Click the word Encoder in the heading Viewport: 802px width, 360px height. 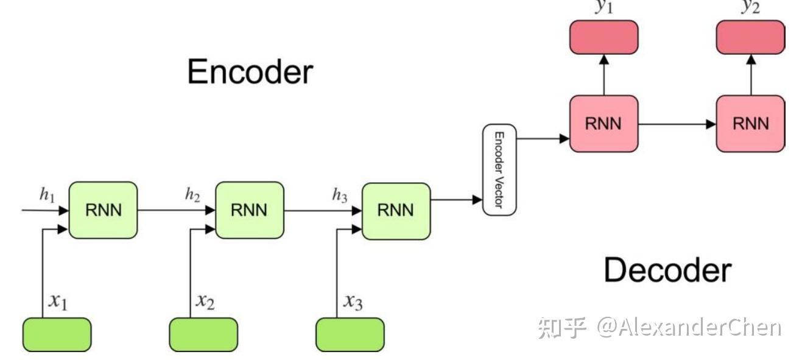250,72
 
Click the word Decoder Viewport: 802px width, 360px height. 667,270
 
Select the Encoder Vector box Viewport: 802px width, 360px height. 499,170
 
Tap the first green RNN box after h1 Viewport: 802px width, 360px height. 103,210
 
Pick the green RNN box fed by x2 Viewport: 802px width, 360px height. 250,210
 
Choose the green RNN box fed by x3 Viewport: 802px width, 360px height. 396,210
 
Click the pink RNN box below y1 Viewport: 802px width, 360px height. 603,124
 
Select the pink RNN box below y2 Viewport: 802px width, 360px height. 750,124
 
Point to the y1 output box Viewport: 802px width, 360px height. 603,37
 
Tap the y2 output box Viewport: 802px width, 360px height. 750,37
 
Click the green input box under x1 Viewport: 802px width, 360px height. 57,334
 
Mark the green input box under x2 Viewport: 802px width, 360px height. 203,334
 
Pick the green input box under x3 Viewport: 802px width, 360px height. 350,334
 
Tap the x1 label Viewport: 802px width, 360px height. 58,302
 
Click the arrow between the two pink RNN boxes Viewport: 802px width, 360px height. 677,124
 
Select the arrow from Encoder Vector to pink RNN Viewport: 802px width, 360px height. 542,139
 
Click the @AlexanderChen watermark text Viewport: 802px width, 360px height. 688,328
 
